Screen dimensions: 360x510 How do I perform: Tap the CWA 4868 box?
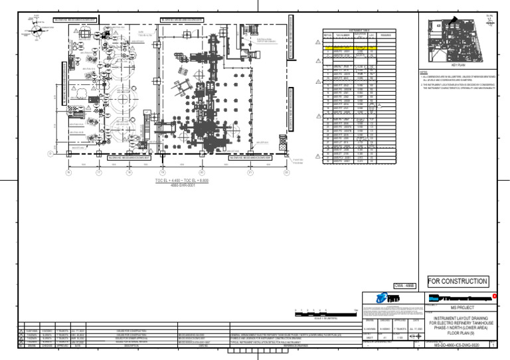(404, 286)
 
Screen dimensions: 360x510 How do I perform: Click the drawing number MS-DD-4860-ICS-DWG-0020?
(456, 345)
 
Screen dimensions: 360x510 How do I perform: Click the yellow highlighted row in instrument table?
(350, 48)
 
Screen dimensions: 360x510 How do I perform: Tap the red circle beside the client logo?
(493, 295)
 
